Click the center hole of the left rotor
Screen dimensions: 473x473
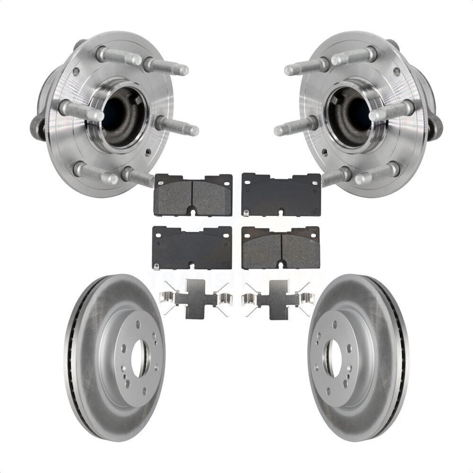[140, 357]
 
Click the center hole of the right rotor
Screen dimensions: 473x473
[333, 357]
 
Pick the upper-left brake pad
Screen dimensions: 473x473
[193, 194]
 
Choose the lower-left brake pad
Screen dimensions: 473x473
[192, 247]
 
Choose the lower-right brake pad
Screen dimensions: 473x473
[281, 247]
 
